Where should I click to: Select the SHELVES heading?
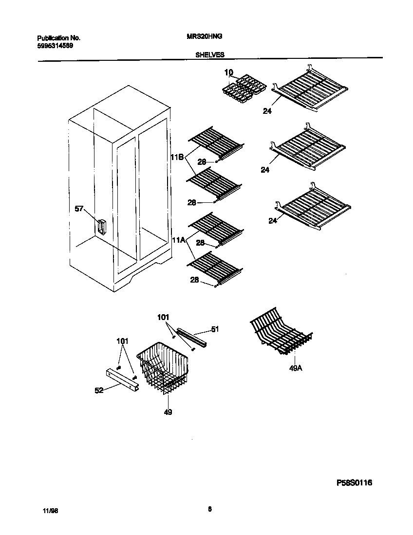(x=210, y=55)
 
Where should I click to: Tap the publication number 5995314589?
(x=56, y=46)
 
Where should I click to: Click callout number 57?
(x=79, y=209)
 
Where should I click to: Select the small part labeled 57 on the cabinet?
(x=101, y=227)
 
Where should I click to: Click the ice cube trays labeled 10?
(x=244, y=89)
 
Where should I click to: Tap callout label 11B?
(x=177, y=157)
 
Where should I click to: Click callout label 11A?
(x=177, y=239)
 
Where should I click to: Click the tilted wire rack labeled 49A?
(x=281, y=332)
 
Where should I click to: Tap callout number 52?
(x=99, y=390)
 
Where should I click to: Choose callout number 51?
(x=215, y=329)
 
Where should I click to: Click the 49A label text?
(x=296, y=369)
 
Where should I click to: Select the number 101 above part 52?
(x=122, y=341)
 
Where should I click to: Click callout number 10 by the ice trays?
(x=229, y=73)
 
